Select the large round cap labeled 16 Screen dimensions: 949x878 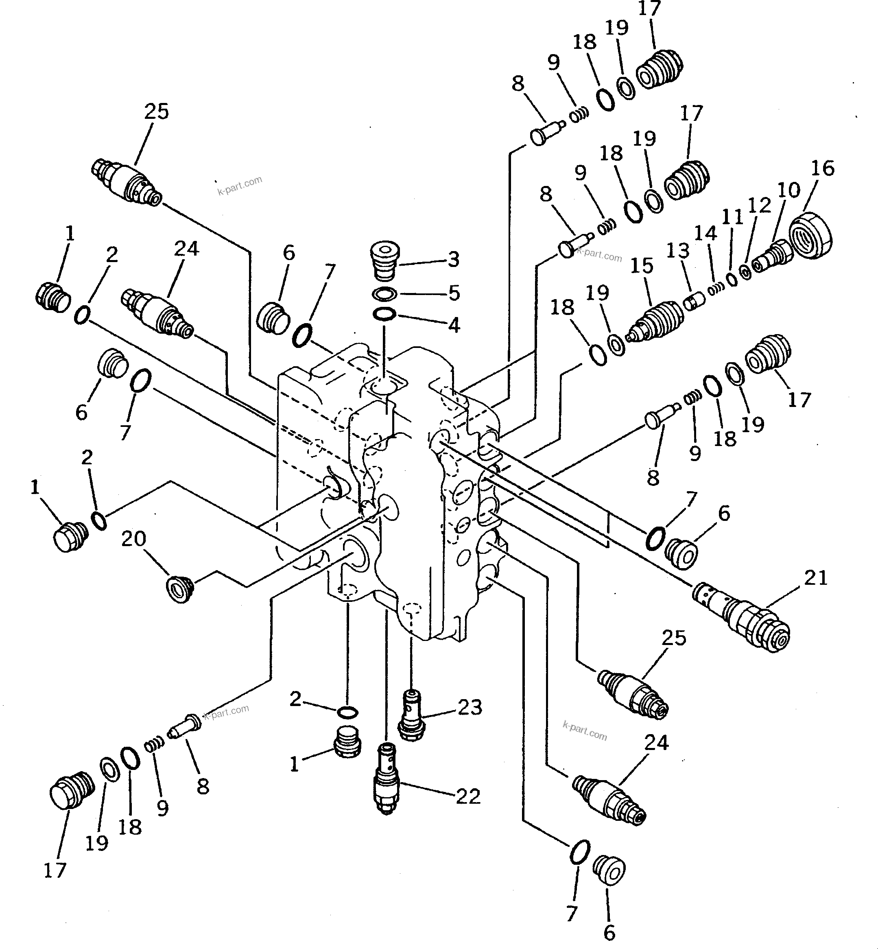810,236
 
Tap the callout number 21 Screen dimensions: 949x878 816,578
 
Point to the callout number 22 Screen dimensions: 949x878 468,797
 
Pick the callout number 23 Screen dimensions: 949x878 470,707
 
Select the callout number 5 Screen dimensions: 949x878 454,293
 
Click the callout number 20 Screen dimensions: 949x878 133,539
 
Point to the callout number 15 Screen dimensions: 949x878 642,266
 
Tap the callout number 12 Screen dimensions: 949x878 759,205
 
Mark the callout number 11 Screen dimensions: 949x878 732,218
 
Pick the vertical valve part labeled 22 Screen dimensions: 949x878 387,779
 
